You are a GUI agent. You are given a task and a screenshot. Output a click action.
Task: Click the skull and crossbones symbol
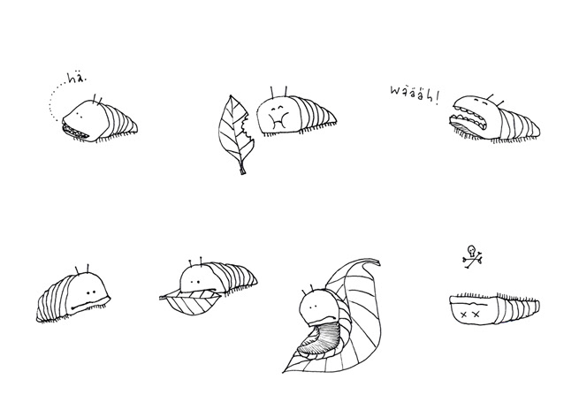472,256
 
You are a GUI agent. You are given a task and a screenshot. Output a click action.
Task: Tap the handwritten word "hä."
77,79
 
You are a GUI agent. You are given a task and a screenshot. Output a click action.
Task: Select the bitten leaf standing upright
235,135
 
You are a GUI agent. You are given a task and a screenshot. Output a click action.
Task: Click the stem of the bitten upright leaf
242,169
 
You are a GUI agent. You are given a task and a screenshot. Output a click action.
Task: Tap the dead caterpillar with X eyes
494,308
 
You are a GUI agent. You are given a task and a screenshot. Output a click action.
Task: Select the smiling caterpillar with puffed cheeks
296,115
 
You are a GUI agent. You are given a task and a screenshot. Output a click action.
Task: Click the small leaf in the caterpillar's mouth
191,301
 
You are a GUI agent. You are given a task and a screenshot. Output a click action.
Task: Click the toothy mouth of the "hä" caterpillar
76,132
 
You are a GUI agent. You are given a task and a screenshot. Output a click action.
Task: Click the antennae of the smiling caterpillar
279,92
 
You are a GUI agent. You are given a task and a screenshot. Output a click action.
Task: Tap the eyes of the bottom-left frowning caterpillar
91,292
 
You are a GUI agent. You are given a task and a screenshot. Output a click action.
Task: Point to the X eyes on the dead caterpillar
469,315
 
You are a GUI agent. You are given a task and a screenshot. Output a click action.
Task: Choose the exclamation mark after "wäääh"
438,99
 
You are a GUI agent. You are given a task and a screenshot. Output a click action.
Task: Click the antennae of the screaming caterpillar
495,99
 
